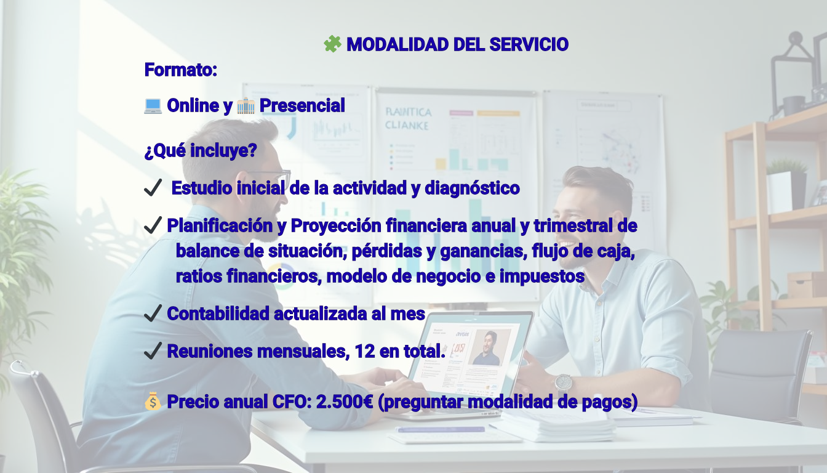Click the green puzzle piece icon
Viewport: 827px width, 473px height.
tap(332, 44)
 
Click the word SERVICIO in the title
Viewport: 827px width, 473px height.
tap(529, 44)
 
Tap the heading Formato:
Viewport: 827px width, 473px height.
tap(180, 70)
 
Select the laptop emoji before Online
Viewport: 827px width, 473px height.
tap(153, 106)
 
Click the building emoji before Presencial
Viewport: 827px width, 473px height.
tap(246, 106)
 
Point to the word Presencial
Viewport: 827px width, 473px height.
tap(302, 105)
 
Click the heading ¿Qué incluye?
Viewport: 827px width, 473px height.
tap(201, 150)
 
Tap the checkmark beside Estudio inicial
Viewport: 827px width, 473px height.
tap(153, 187)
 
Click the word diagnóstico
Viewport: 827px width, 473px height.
tap(472, 188)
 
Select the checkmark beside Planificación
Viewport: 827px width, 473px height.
tap(153, 225)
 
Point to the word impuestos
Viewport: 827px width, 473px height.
tap(542, 277)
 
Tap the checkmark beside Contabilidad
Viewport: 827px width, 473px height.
tap(153, 313)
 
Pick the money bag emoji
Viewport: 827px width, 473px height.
tap(153, 402)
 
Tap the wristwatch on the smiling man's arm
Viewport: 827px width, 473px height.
tap(563, 383)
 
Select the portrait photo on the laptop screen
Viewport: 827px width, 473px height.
tap(489, 347)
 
